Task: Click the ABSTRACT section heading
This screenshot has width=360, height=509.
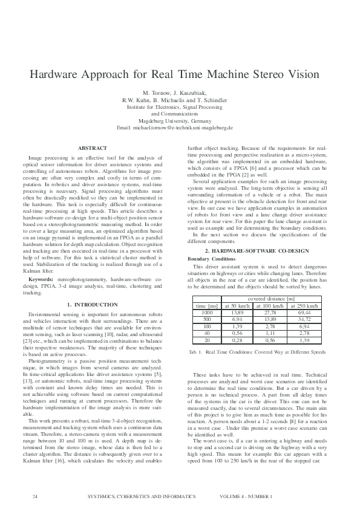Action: coord(93,148)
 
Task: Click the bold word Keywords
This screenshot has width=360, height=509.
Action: coord(41,280)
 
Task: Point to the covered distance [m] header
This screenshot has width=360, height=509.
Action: coord(270,299)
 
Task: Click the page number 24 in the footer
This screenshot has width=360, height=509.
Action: coord(35,496)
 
